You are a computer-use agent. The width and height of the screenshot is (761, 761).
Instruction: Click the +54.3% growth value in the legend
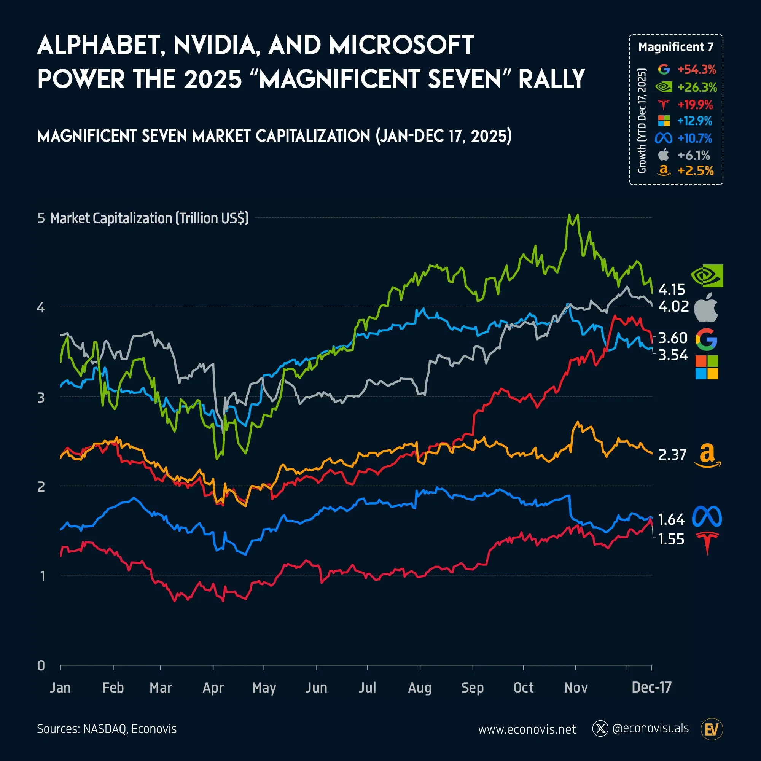tap(696, 70)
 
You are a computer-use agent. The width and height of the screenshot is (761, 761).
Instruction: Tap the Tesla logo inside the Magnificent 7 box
tap(664, 105)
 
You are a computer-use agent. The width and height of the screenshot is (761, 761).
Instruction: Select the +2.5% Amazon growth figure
tap(695, 170)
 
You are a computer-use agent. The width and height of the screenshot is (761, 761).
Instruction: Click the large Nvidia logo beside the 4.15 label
tap(707, 276)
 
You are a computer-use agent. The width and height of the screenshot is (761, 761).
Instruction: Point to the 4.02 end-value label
tap(673, 306)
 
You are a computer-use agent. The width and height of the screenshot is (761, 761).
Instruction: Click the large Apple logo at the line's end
tap(706, 307)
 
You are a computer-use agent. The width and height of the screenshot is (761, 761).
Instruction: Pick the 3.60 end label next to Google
tap(673, 338)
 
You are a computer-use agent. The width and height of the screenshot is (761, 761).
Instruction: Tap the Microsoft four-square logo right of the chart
tap(707, 367)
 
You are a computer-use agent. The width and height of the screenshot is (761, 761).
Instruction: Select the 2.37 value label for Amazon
tap(672, 455)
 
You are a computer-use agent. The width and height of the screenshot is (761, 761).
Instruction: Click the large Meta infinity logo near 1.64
tap(707, 516)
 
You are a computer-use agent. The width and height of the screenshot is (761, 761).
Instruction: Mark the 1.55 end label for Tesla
tap(671, 539)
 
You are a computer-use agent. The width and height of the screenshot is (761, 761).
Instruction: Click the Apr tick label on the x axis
tap(213, 687)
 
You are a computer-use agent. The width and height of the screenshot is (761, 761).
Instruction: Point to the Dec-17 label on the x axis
tap(651, 687)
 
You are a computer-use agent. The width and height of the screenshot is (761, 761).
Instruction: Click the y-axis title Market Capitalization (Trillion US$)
tap(149, 218)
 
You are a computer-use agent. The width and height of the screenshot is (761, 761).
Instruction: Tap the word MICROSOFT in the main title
tap(401, 45)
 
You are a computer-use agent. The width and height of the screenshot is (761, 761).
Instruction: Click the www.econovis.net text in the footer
tap(527, 729)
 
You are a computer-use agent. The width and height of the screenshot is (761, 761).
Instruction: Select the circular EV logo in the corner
tap(712, 729)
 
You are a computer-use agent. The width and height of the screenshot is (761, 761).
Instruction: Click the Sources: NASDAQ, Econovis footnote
tap(107, 729)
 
